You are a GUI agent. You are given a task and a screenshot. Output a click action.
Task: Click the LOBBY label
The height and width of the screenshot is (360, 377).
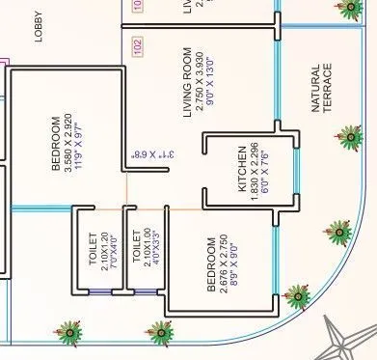pyautogui.click(x=40, y=33)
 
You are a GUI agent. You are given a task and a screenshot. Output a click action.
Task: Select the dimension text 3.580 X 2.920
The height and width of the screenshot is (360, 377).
pyautogui.click(x=68, y=145)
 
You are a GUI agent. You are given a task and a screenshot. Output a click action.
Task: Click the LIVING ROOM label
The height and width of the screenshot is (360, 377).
pyautogui.click(x=188, y=81)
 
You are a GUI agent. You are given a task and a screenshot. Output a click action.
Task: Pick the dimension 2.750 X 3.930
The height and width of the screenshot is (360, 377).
pyautogui.click(x=200, y=81)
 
